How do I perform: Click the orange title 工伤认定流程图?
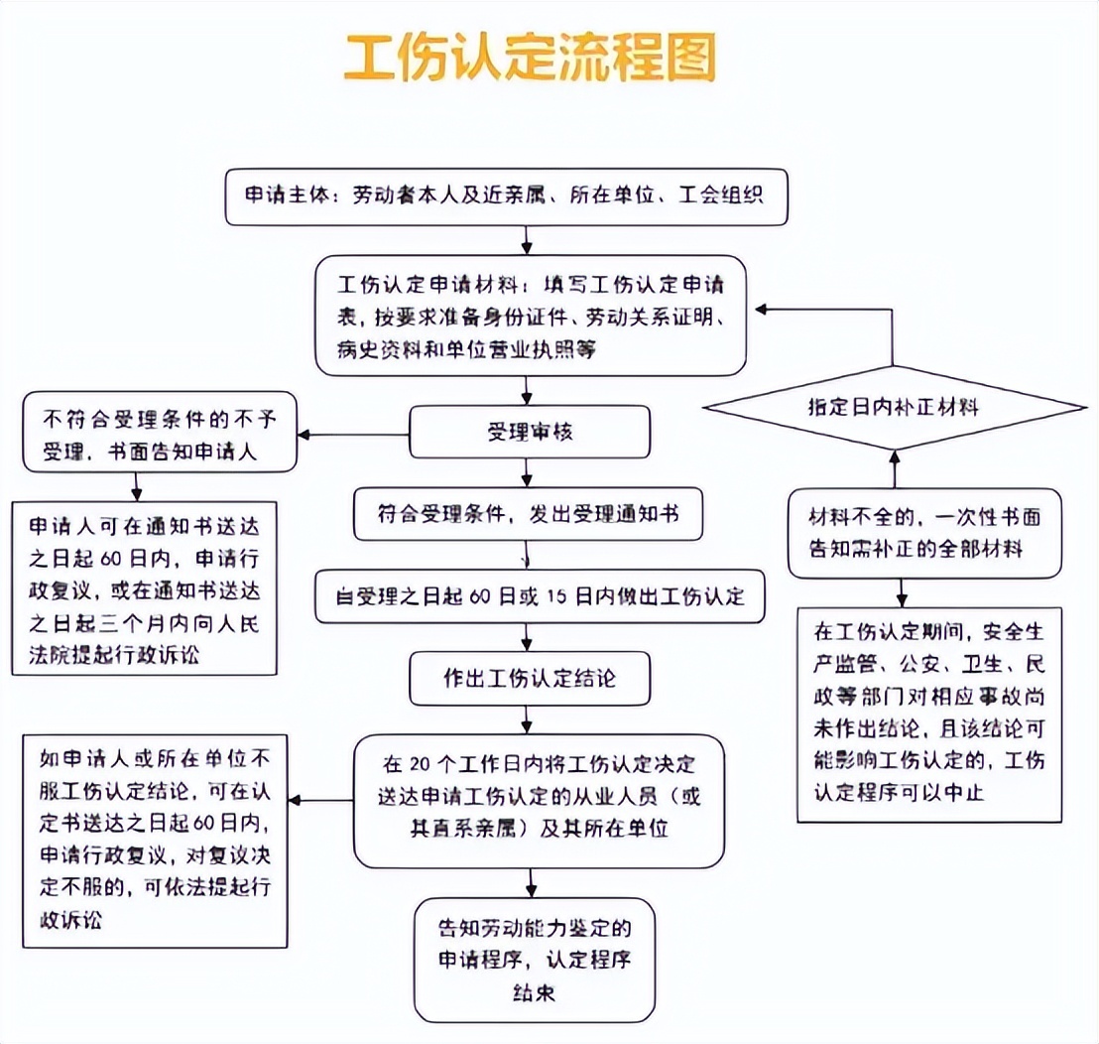click(530, 58)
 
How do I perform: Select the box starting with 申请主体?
click(506, 196)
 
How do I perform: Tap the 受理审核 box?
click(530, 432)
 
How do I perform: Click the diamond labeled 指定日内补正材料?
click(895, 407)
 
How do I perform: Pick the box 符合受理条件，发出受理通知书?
click(528, 514)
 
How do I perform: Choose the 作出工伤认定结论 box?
click(530, 679)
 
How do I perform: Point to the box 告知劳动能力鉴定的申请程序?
click(534, 961)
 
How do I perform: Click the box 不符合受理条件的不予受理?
click(160, 432)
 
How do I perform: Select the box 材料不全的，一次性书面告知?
click(924, 534)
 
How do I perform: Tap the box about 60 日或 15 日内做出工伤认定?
click(540, 596)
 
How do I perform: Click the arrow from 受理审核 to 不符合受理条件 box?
click(353, 435)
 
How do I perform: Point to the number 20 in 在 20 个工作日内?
click(419, 764)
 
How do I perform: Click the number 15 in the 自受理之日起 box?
click(556, 596)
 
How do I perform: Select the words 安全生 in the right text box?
click(1013, 632)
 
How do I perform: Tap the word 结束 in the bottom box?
click(534, 992)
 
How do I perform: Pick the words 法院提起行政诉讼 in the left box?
click(114, 655)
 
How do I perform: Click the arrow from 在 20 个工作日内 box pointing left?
click(321, 800)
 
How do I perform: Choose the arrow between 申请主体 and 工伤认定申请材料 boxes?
click(527, 240)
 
